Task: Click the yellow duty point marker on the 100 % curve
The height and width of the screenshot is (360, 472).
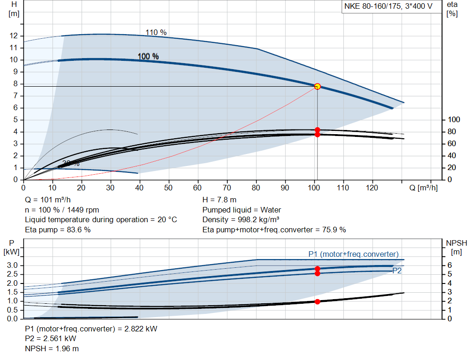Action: tap(317, 86)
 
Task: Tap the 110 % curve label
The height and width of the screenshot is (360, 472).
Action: tap(156, 32)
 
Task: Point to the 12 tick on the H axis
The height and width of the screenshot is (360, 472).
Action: tap(14, 36)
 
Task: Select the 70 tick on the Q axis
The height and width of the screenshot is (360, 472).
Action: tap(227, 188)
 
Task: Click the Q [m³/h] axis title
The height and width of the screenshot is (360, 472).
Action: tap(423, 188)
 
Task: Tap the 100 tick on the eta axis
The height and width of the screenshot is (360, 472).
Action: tap(454, 120)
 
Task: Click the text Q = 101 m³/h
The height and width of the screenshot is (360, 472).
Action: tap(48, 200)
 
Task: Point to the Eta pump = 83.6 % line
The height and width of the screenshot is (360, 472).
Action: tap(58, 230)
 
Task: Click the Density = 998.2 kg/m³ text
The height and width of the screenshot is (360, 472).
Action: tap(241, 219)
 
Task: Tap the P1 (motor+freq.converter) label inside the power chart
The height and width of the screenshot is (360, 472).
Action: tap(353, 254)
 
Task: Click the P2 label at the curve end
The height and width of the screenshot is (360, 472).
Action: tap(397, 271)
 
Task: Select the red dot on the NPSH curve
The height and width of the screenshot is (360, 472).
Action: tap(317, 301)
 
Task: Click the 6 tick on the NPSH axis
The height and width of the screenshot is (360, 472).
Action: tap(449, 265)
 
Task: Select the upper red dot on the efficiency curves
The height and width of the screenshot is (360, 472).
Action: tap(317, 130)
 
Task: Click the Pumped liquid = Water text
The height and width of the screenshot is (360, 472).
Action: tap(242, 210)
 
